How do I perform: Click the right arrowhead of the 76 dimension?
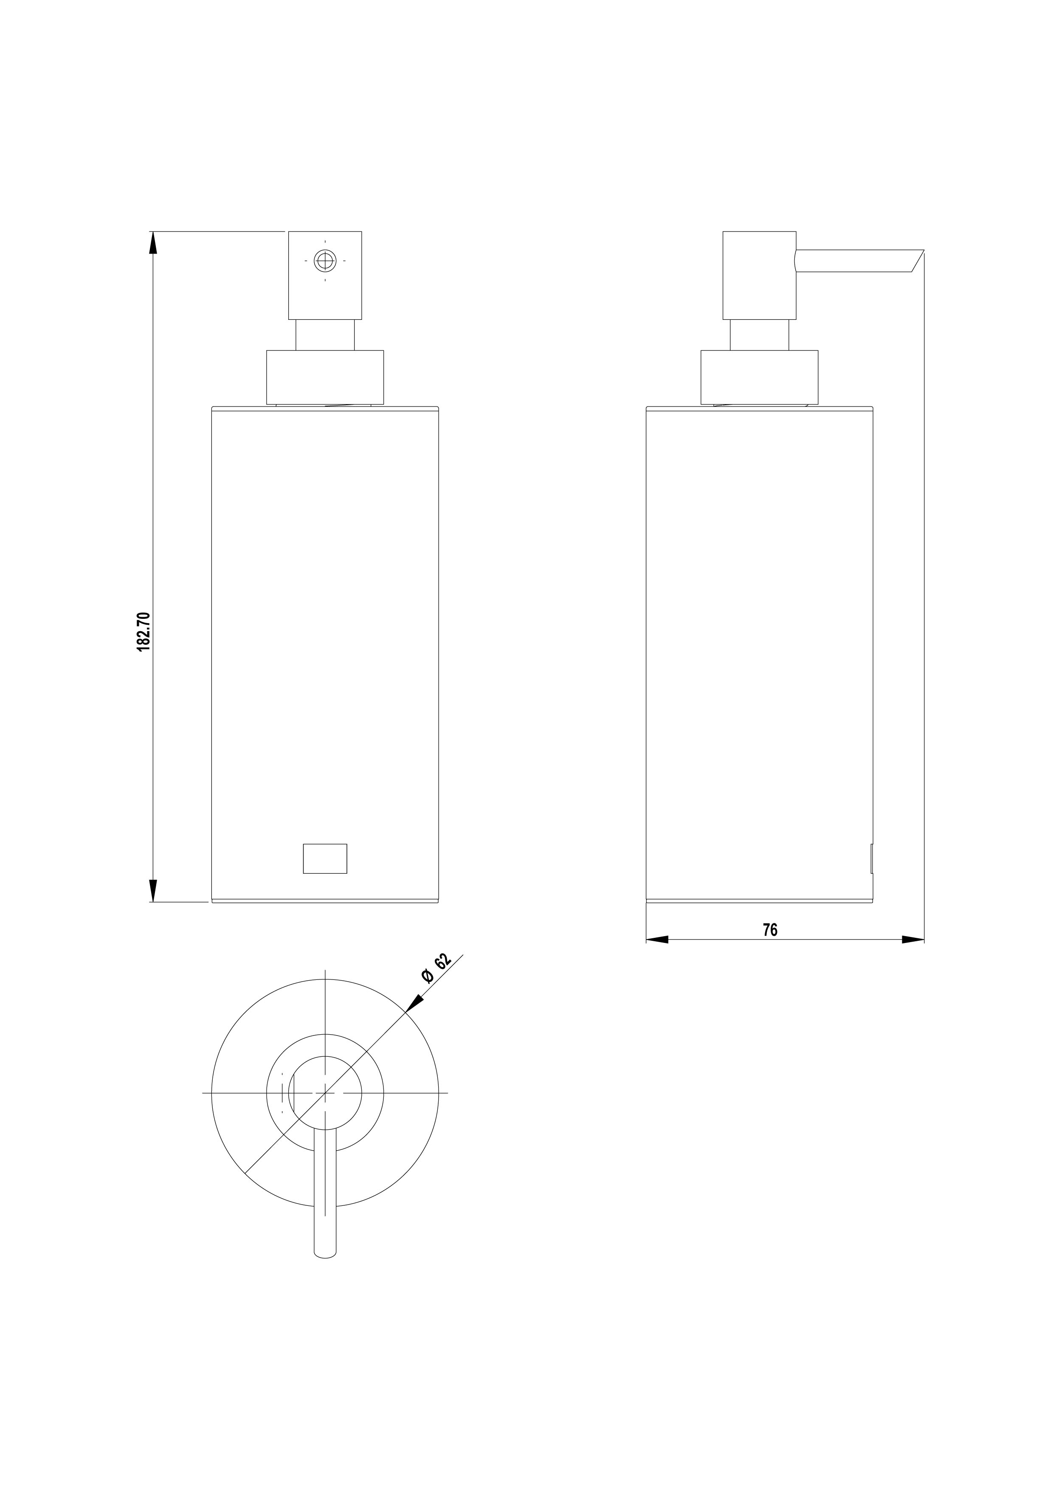pyautogui.click(x=913, y=939)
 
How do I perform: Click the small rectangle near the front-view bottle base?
pyautogui.click(x=325, y=858)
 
